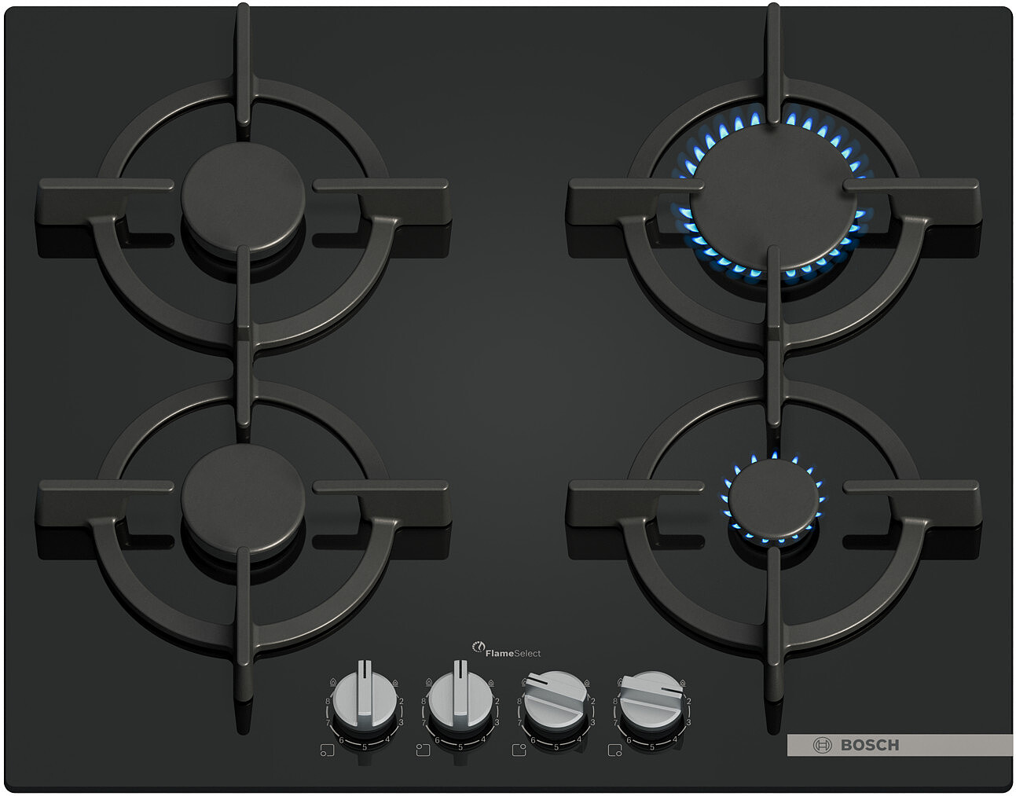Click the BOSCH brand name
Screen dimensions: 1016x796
click(x=870, y=745)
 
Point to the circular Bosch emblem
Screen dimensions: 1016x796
click(x=822, y=745)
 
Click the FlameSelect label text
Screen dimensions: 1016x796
click(x=513, y=654)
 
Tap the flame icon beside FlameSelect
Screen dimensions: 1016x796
click(x=479, y=647)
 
